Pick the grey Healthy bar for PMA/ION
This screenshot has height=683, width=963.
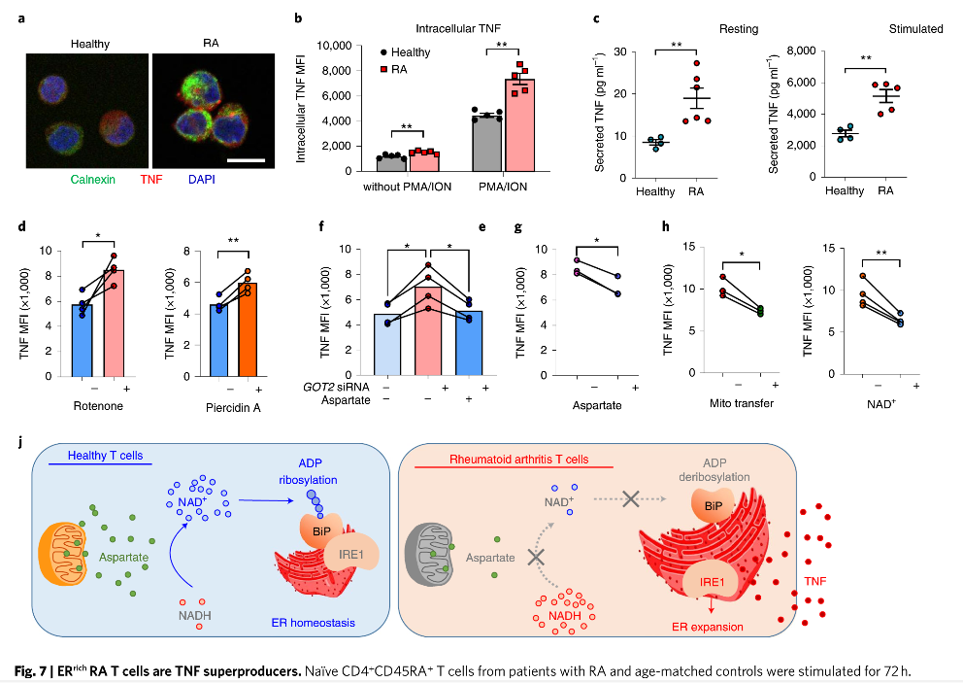coord(486,143)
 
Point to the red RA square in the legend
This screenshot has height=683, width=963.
coord(383,70)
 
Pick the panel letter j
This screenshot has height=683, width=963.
coord(20,442)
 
